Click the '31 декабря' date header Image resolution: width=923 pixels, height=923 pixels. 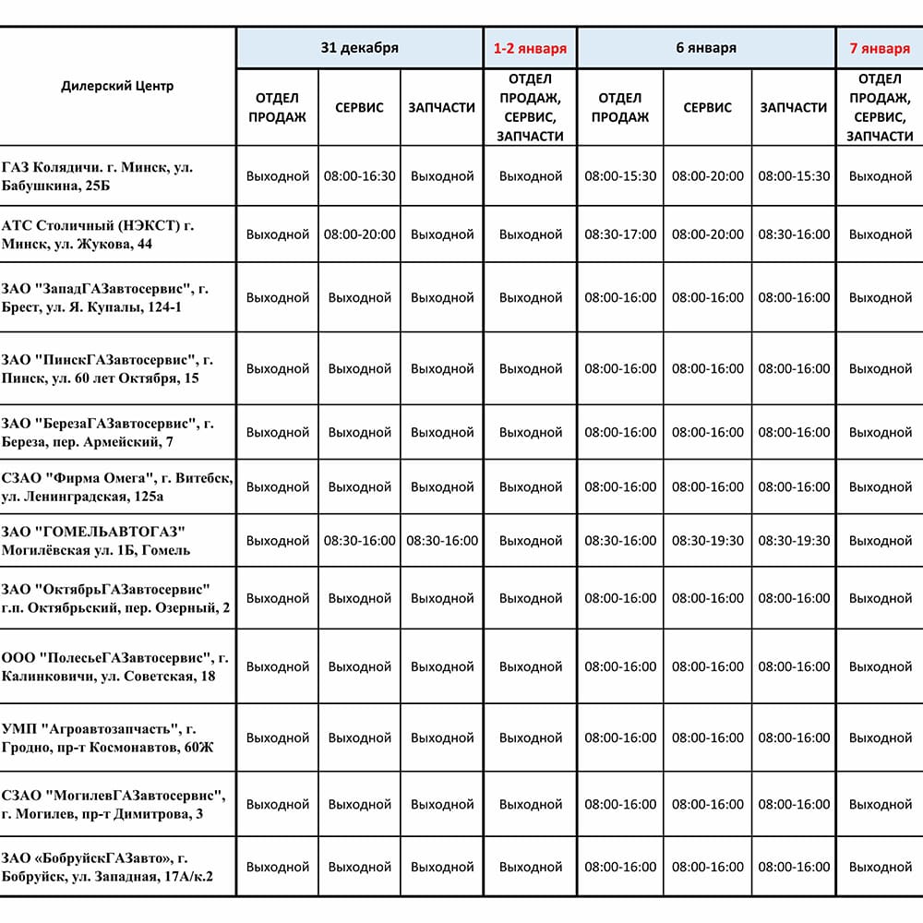359,48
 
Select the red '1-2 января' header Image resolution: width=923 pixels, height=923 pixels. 530,48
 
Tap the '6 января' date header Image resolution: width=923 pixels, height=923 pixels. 706,48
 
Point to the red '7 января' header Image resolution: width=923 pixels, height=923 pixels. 880,48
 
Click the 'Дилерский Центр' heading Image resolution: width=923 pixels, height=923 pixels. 117,86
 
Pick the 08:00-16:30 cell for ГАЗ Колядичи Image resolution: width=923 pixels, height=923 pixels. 359,175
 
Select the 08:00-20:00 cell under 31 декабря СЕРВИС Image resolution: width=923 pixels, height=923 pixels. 359,234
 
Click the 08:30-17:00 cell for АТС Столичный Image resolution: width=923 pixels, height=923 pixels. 620,234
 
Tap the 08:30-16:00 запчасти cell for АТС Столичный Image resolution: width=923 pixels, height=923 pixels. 794,234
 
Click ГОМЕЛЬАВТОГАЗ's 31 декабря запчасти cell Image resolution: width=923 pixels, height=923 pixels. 442,541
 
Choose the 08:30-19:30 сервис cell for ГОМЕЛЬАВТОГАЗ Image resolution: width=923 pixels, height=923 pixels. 707,541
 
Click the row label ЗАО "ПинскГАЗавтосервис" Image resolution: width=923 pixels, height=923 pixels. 107,368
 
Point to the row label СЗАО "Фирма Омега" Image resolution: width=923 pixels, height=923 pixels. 116,486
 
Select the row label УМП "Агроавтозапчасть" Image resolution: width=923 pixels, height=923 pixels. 107,737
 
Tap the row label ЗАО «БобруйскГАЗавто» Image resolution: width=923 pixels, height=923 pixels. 107,867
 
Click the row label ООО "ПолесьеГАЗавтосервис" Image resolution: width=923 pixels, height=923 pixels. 114,666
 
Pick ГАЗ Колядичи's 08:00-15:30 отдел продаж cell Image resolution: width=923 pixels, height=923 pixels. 620,175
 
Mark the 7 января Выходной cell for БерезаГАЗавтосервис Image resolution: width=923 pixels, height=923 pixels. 880,432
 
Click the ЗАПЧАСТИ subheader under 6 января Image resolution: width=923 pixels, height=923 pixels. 794,107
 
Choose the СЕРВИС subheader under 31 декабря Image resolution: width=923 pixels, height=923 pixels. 359,107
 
